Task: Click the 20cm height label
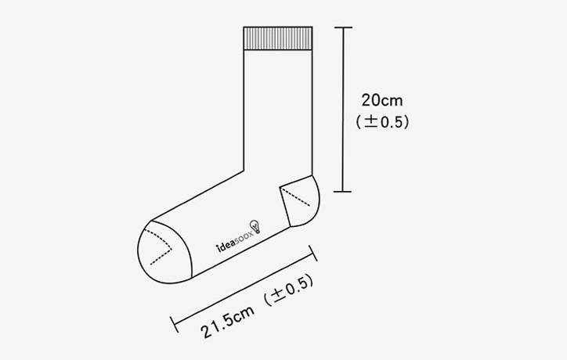(x=382, y=100)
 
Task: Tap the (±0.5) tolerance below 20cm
(x=382, y=122)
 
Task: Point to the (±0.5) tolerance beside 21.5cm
(x=288, y=290)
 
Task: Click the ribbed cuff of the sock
(x=278, y=38)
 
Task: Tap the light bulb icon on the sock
(x=255, y=226)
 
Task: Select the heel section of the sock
(x=301, y=202)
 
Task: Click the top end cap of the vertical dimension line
(x=343, y=27)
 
